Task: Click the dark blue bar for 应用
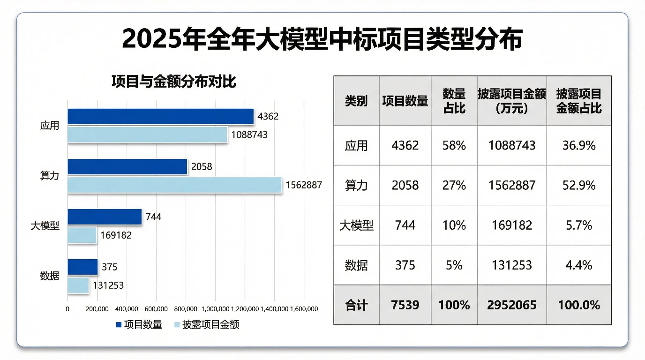click(x=160, y=117)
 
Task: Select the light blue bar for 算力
click(x=174, y=185)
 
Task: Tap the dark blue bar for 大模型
click(x=105, y=217)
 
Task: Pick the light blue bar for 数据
click(x=78, y=285)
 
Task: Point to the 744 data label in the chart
click(x=153, y=217)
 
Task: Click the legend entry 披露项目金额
click(x=210, y=324)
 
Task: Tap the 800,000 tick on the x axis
click(x=186, y=309)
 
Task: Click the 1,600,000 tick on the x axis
click(x=304, y=309)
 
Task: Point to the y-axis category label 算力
click(x=50, y=176)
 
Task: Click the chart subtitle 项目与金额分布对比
click(x=173, y=82)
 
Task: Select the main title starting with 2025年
click(x=322, y=39)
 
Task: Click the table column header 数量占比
click(x=454, y=101)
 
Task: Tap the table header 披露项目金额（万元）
click(x=512, y=101)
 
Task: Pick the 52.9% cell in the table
click(x=579, y=186)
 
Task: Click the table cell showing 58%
click(x=454, y=145)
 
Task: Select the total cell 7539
click(x=405, y=305)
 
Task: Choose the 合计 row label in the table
click(x=356, y=305)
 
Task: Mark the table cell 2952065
click(x=512, y=305)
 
